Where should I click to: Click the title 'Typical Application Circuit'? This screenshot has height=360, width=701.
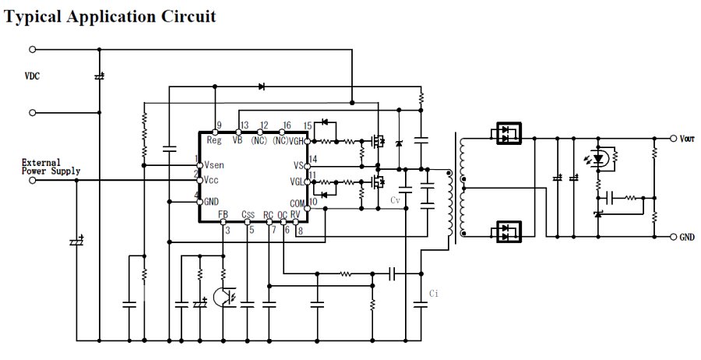click(x=110, y=16)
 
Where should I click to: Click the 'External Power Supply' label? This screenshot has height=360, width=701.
click(x=51, y=166)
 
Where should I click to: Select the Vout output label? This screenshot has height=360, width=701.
click(x=686, y=139)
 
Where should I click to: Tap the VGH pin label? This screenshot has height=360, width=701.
click(x=298, y=141)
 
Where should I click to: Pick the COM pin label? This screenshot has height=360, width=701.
click(x=297, y=203)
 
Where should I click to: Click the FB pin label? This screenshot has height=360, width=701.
click(x=223, y=214)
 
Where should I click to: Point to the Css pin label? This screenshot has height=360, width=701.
click(x=248, y=214)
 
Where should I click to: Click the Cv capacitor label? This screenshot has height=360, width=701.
click(x=396, y=200)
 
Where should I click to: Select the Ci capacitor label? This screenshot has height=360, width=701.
click(x=435, y=294)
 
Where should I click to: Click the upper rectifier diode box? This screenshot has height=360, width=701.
click(x=509, y=134)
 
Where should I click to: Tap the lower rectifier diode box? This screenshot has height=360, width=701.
click(x=509, y=232)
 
